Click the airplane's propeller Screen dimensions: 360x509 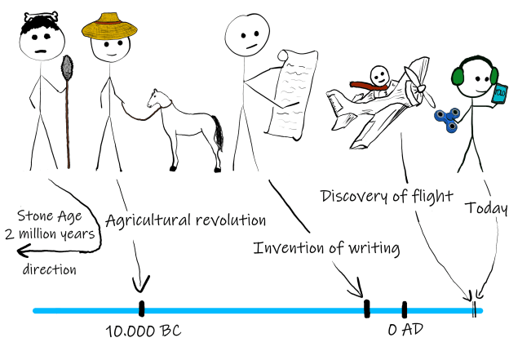click(x=421, y=81)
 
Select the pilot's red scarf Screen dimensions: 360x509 click(x=366, y=84)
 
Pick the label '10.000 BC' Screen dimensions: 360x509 click(x=144, y=332)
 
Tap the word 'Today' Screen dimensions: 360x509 click(x=486, y=208)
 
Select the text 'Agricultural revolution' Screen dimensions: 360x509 click(x=187, y=220)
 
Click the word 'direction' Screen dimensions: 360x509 click(x=50, y=269)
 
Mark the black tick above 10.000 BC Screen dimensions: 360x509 click(x=141, y=309)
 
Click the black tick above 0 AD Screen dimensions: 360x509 click(x=404, y=309)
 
